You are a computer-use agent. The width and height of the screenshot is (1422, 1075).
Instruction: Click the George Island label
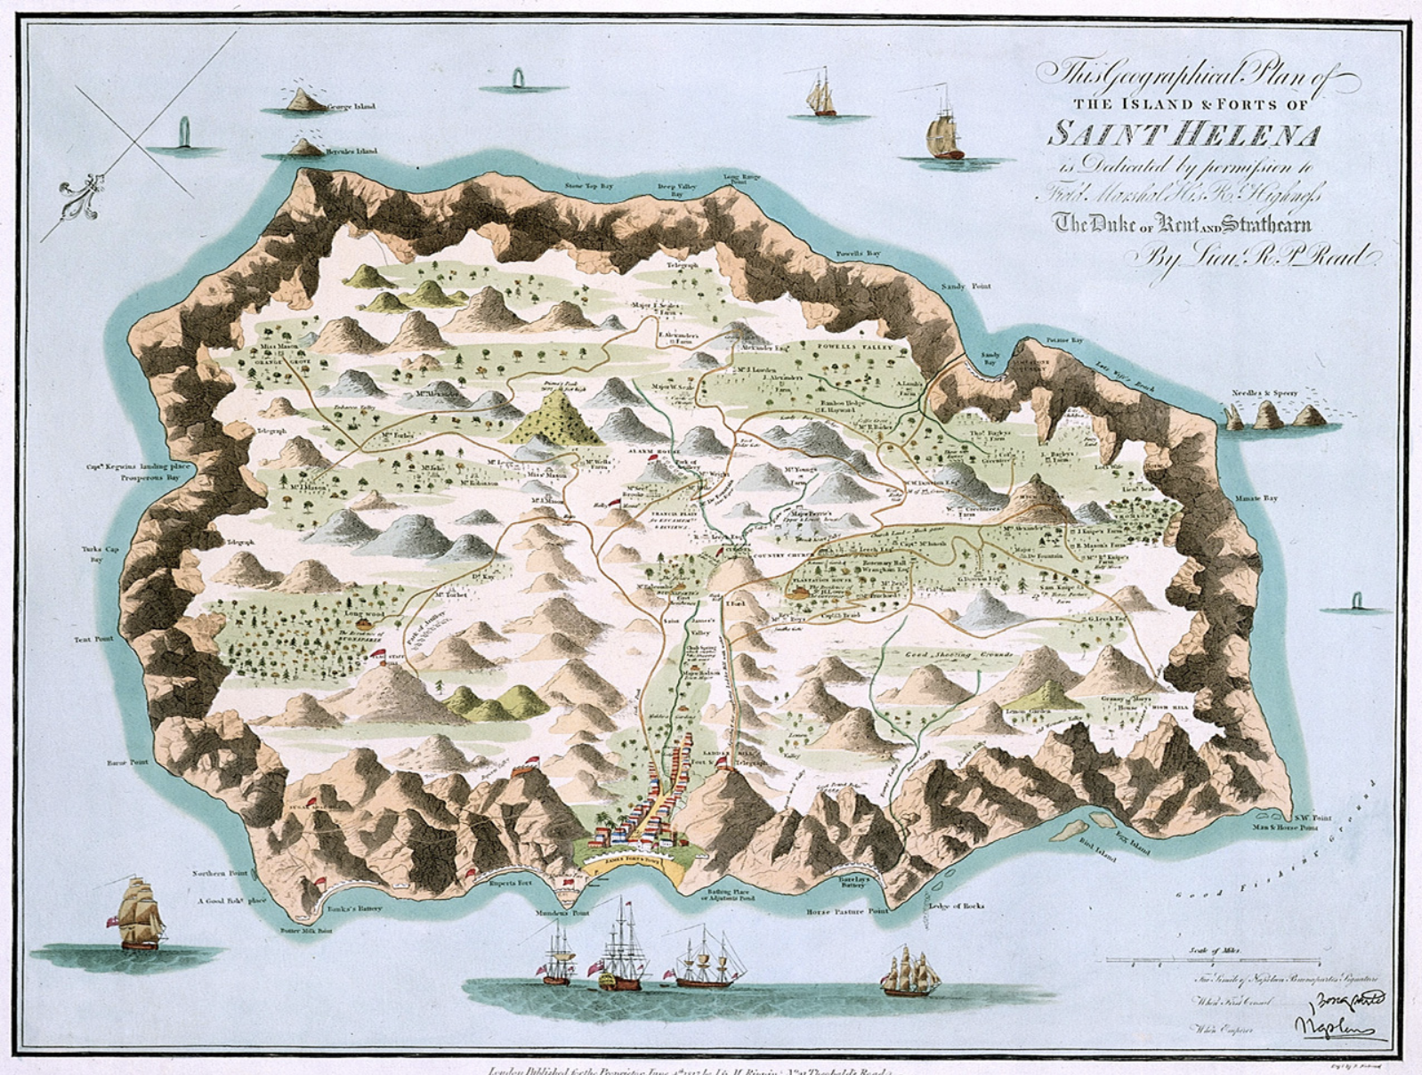click(x=351, y=107)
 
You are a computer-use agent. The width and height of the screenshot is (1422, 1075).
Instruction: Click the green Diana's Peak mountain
click(x=557, y=418)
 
